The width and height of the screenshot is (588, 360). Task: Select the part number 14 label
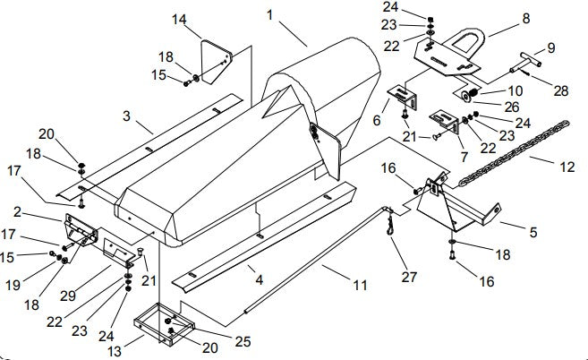coord(180,19)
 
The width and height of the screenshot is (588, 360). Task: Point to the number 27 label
coord(409,277)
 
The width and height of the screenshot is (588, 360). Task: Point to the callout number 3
coord(127,116)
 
